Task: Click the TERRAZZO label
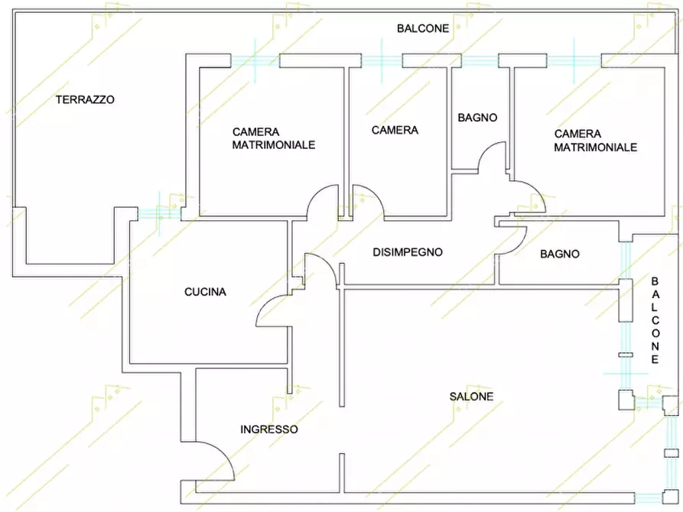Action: (x=85, y=99)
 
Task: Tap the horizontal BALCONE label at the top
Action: (x=422, y=29)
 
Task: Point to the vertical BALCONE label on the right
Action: (x=655, y=320)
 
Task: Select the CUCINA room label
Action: (x=205, y=292)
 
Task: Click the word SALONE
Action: (x=471, y=397)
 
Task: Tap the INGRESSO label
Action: (x=269, y=429)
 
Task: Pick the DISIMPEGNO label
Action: (x=407, y=252)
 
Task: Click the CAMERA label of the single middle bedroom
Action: (x=395, y=130)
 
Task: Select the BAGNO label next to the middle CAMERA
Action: (x=477, y=118)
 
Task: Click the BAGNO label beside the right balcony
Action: (x=560, y=254)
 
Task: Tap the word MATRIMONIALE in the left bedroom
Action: (x=274, y=145)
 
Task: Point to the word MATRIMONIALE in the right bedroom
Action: (x=596, y=147)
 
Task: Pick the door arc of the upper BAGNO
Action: (x=487, y=148)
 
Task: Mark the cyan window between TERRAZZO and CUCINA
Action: (x=159, y=214)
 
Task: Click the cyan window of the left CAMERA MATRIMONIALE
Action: (x=255, y=60)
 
